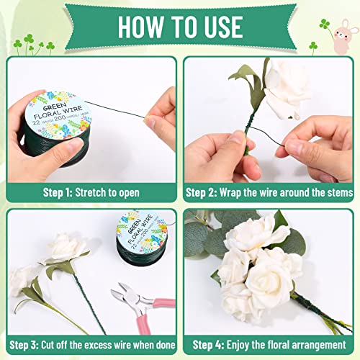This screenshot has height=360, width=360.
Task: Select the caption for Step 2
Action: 269,192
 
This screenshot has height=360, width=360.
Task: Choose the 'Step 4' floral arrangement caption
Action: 269,343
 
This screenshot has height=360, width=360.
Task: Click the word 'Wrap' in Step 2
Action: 236,192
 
